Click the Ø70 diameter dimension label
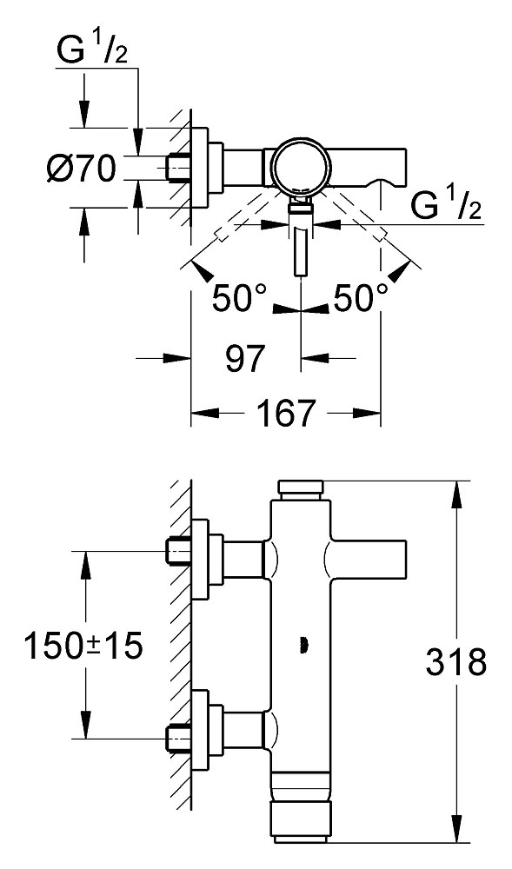click(x=82, y=169)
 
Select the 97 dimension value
click(x=245, y=359)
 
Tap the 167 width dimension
click(x=287, y=414)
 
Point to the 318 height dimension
click(x=456, y=661)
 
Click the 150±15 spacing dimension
click(x=83, y=647)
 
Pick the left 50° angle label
click(x=239, y=299)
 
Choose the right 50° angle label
click(x=360, y=299)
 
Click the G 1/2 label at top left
click(x=91, y=52)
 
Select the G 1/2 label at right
click(x=446, y=207)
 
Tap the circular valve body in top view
click(x=302, y=166)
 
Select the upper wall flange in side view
click(x=200, y=559)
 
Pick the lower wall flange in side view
click(x=200, y=730)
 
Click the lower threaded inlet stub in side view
click(x=179, y=738)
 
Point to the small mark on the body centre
click(x=303, y=645)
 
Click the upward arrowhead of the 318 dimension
click(x=455, y=495)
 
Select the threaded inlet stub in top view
click(x=179, y=167)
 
